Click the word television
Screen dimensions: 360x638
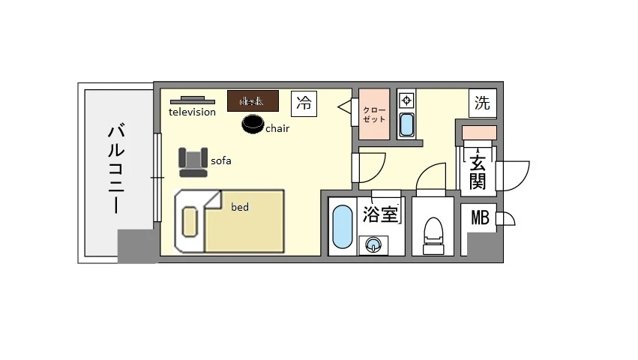coord(193,112)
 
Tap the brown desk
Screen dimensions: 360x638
coord(253,100)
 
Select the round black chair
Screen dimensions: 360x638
coord(253,124)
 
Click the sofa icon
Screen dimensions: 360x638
coord(193,161)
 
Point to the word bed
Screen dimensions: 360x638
coord(240,207)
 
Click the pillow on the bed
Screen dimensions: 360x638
coord(190,222)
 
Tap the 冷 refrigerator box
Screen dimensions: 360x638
coord(304,103)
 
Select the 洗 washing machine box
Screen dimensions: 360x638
coord(483,103)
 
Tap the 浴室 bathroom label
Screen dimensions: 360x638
coord(381,214)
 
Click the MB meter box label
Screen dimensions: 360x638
coord(480,218)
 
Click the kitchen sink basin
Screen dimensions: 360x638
coord(406,124)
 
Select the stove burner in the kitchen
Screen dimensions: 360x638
coord(406,100)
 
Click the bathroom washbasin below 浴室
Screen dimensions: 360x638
coord(372,244)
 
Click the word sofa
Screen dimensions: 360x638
coord(220,160)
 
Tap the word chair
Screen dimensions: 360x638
coord(277,128)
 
